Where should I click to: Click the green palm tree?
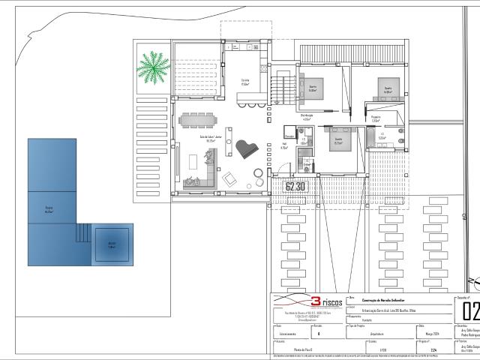point(152,68)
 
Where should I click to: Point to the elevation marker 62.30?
point(295,186)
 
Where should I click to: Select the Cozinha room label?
point(245,82)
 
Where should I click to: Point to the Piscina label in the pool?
point(49,210)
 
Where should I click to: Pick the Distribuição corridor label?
point(306,116)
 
